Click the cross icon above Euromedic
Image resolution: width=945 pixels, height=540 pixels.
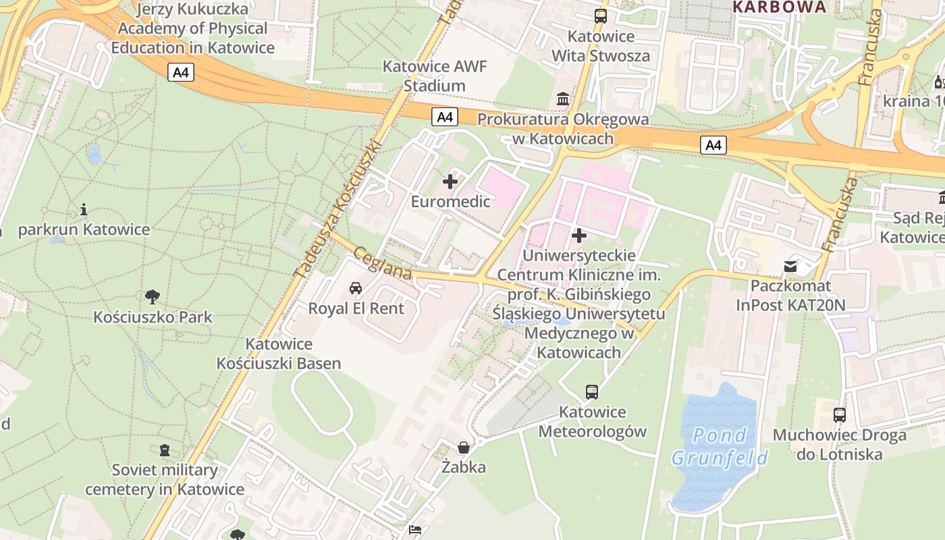(450, 181)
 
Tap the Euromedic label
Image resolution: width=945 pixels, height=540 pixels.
(450, 201)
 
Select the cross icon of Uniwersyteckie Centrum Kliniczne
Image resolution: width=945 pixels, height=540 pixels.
(578, 236)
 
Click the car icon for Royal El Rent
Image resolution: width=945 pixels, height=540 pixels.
(356, 288)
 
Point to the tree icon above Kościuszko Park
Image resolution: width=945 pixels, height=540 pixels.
(153, 296)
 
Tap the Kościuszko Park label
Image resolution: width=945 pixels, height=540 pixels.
(153, 317)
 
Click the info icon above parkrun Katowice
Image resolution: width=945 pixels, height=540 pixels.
(84, 210)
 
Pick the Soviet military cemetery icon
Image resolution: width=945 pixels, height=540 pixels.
(165, 450)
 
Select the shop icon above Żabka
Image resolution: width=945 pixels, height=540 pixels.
(464, 447)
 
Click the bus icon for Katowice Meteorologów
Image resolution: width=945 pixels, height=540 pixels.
(592, 391)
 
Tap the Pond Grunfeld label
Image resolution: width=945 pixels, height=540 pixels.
(720, 446)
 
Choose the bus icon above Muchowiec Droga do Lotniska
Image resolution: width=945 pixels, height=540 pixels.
(840, 415)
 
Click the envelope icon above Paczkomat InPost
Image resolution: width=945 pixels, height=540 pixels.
(790, 266)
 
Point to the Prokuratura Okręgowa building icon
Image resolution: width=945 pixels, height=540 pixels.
(563, 100)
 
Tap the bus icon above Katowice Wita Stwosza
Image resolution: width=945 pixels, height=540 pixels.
(601, 16)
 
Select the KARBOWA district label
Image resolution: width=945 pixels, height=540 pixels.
(779, 7)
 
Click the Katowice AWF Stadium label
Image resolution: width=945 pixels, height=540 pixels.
(435, 76)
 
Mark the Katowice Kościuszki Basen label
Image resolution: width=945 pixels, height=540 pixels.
(279, 354)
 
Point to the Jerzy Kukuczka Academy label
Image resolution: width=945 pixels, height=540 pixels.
(193, 28)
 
